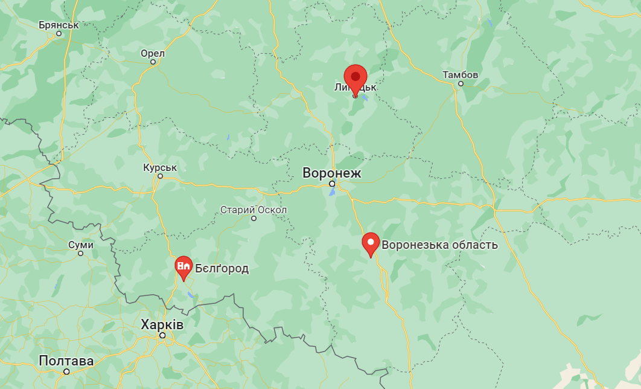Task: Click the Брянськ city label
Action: (x=59, y=25)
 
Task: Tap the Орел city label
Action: (x=152, y=53)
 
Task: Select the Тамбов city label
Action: (x=460, y=74)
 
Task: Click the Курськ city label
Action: (x=160, y=167)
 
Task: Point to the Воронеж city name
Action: (x=331, y=173)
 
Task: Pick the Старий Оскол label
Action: (x=253, y=210)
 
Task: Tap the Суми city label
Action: (x=81, y=245)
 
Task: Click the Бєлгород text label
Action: (x=222, y=268)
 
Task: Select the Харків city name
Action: (x=162, y=324)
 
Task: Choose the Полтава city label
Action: (x=66, y=361)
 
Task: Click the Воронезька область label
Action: (x=439, y=245)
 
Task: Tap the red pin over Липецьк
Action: (x=356, y=79)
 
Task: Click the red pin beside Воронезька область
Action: (x=371, y=243)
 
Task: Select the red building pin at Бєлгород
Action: (x=183, y=266)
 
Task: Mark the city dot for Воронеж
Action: (x=332, y=184)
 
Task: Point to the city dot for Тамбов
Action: (x=461, y=83)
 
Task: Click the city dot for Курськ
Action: (x=160, y=176)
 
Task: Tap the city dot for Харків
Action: (x=162, y=335)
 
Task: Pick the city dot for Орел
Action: (x=153, y=62)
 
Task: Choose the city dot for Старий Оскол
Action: (x=254, y=218)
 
